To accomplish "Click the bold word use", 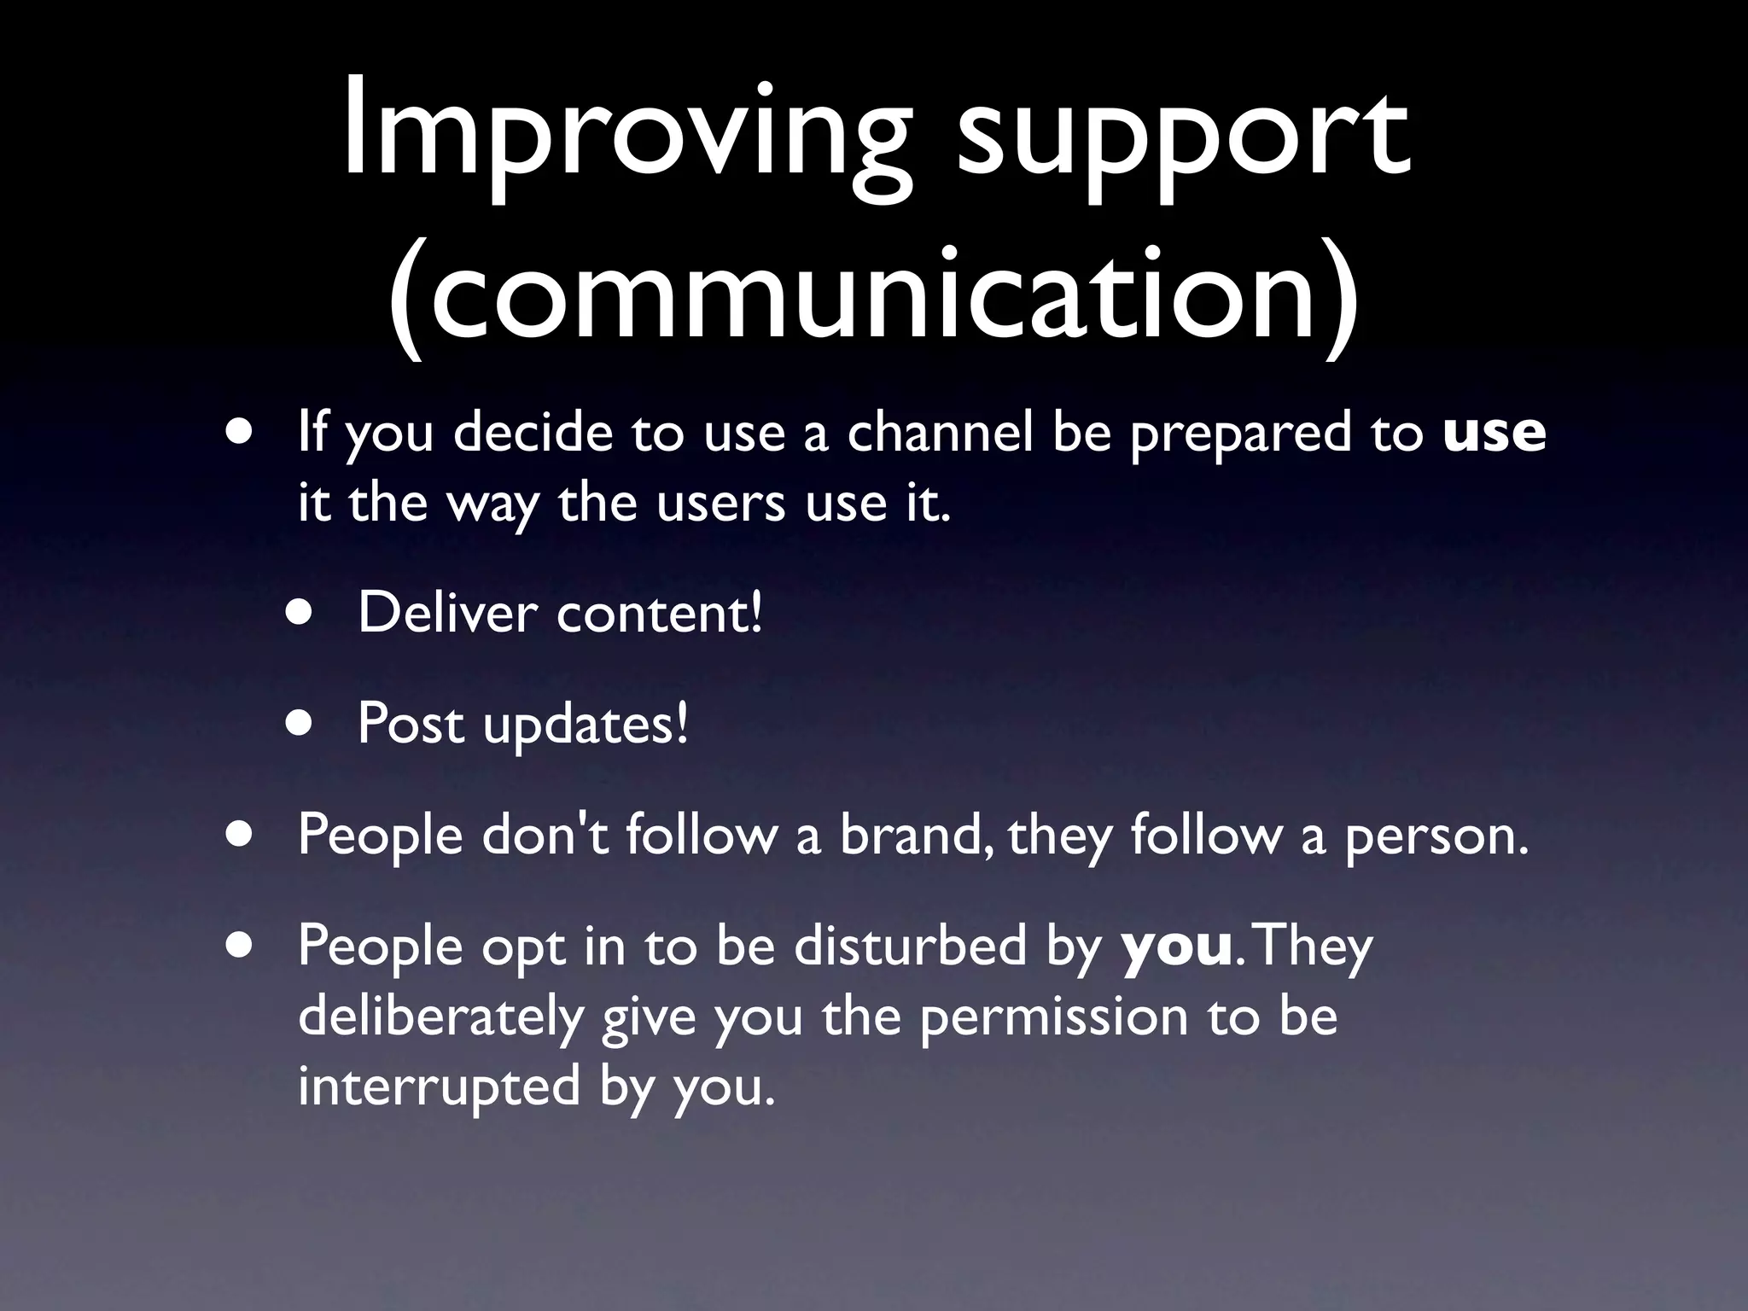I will click(1494, 433).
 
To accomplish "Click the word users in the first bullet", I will click(720, 503).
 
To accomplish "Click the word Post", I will click(411, 723).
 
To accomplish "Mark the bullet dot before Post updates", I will click(300, 724).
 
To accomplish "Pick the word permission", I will click(1054, 1017).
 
